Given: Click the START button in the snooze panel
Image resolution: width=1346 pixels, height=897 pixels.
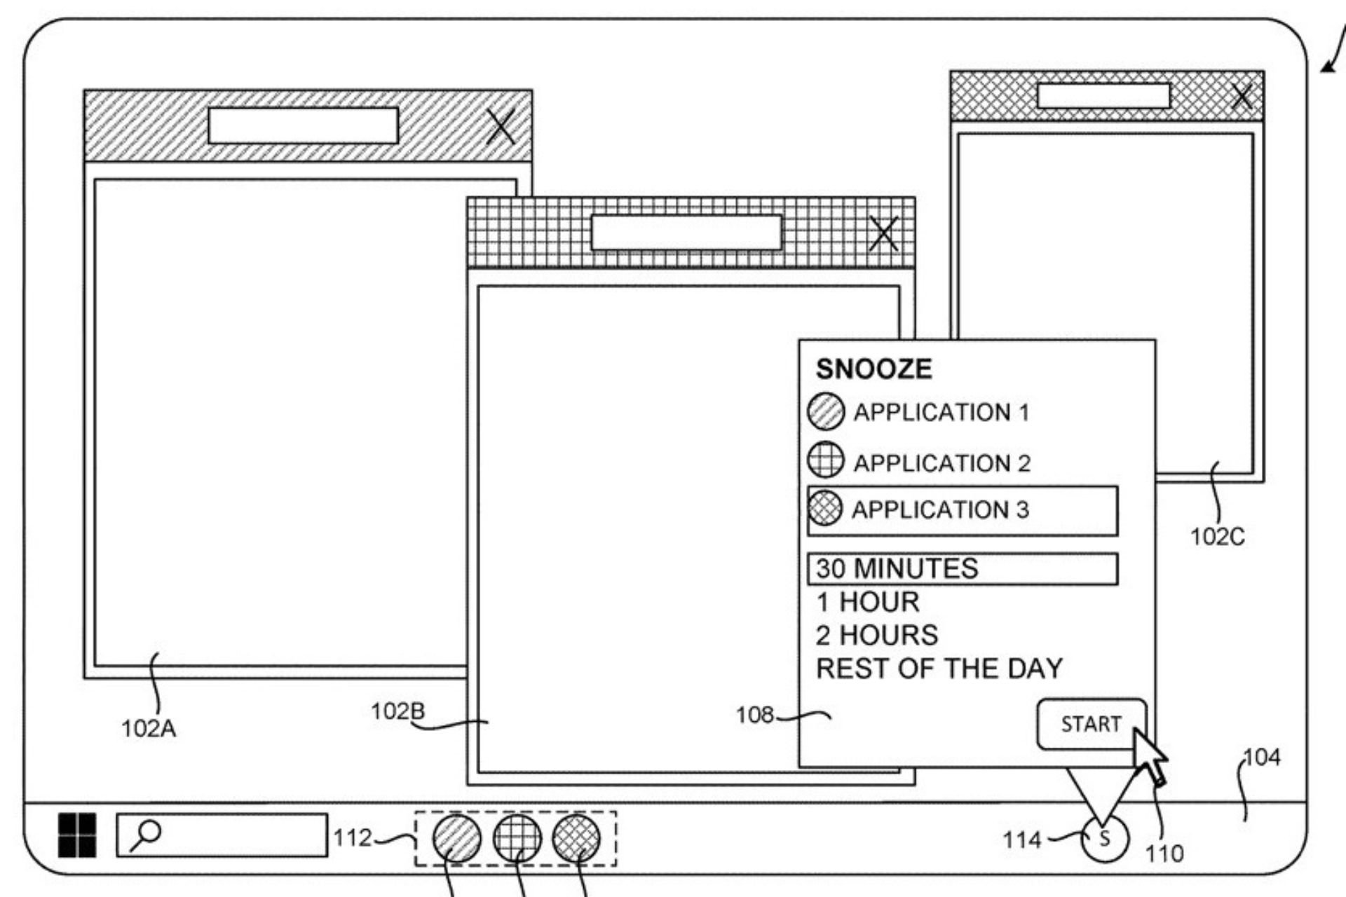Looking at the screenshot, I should coord(1090,724).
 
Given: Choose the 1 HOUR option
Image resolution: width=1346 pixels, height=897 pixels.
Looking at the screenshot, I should coord(868,602).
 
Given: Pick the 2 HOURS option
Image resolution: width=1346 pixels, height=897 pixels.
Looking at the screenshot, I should coord(877,635).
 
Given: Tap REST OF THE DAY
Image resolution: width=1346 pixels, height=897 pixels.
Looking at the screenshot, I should coord(939,669).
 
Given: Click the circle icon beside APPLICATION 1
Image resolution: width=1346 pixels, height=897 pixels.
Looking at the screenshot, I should coord(826,411).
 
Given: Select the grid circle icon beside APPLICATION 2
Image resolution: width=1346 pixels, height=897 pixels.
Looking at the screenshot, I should coord(826,460).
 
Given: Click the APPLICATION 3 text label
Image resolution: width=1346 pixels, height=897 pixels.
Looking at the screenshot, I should coord(940,509).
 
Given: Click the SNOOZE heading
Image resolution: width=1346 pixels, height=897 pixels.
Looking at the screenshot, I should coord(874,369).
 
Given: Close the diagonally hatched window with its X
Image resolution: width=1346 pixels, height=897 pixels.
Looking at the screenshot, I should coord(501,127).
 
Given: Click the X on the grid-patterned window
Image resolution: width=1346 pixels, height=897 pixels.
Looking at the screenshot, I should coord(883,233).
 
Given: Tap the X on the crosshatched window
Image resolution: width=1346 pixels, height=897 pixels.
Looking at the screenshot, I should coord(1242,97).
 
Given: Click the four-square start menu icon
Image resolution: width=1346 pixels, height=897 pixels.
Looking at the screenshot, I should coord(77,835).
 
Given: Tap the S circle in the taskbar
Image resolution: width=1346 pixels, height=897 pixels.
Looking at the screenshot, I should coord(1105,839).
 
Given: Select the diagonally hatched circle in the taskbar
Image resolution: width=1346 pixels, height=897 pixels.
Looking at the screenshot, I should coord(457,838).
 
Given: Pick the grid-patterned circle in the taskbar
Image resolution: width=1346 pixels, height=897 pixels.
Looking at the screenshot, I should coord(517,838).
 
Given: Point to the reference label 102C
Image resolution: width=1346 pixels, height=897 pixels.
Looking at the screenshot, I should coord(1218,537).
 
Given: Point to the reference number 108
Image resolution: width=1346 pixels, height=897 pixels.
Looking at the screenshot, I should coord(754,715).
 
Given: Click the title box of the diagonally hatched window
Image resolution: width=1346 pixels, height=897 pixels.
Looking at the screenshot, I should coord(304,126).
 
